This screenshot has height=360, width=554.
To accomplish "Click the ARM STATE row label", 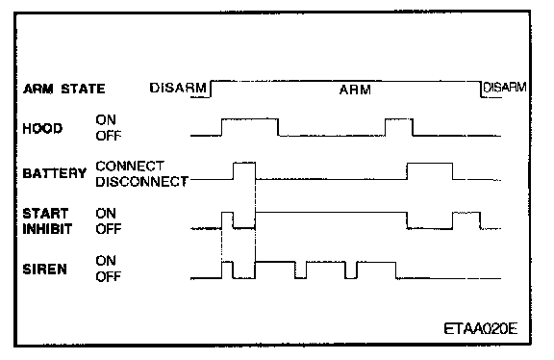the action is [63, 89].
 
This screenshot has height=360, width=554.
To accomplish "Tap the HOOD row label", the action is [42, 128].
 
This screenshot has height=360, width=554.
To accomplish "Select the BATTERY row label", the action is [55, 173].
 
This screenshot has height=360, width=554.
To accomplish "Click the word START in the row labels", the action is [45, 214].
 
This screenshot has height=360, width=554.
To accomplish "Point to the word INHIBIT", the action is [47, 229].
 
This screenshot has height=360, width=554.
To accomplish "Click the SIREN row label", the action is [44, 270].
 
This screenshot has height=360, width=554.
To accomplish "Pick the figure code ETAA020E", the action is [481, 329].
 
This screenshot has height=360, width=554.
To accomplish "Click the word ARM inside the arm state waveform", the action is [355, 90].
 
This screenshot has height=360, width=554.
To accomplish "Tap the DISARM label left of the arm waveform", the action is [178, 88].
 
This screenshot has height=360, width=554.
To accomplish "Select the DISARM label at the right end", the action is [505, 87].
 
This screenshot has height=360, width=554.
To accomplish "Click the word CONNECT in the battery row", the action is [130, 166].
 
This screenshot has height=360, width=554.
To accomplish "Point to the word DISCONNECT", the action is [141, 181].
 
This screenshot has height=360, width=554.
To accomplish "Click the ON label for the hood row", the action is [106, 120].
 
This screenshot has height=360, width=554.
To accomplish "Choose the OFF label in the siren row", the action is [109, 276].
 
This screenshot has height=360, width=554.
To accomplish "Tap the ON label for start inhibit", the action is [106, 214].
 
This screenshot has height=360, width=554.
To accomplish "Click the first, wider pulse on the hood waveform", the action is [250, 119].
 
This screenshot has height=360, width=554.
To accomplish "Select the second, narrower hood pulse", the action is [398, 119].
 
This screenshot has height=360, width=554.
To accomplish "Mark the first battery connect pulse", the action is [244, 163].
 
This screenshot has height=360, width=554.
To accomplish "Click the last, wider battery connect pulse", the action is [430, 164].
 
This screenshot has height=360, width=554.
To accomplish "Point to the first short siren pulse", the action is [227, 263].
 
